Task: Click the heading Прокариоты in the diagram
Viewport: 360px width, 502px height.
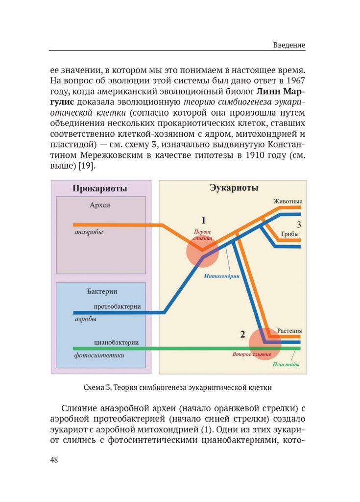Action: point(100,189)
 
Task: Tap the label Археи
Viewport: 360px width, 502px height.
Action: point(100,205)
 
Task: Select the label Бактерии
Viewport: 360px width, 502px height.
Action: point(102,291)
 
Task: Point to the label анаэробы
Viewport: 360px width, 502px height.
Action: point(89,232)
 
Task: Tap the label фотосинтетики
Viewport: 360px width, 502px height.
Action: point(99,355)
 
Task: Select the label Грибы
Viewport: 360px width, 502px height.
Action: point(290,234)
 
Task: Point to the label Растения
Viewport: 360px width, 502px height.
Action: point(289,331)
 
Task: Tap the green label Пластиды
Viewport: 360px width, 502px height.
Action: point(286,365)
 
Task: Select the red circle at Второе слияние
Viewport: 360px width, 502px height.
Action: point(265,343)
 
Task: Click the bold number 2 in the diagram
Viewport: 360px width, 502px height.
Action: point(242,335)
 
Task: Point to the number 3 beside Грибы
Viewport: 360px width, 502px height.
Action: point(299,225)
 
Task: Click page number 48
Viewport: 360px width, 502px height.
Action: point(54,460)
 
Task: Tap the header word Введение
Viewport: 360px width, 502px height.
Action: point(289,45)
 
